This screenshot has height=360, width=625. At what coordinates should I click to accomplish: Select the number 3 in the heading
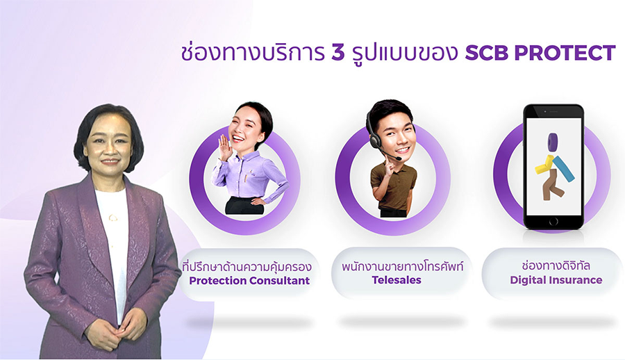click(337, 53)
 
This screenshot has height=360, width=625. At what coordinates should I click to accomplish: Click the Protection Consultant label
click(249, 281)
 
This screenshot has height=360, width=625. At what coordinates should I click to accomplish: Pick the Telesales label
click(397, 280)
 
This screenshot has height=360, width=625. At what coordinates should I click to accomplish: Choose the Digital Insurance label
click(556, 280)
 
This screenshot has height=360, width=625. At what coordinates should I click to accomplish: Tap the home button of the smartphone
click(553, 222)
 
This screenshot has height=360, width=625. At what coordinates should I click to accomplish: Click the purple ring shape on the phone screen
click(553, 142)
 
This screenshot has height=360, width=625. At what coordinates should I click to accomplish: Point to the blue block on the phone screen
click(563, 168)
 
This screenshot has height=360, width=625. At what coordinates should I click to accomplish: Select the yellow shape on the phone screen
click(544, 165)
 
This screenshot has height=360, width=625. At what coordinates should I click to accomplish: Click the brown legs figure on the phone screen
click(551, 185)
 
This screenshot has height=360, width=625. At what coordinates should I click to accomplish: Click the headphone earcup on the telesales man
click(375, 140)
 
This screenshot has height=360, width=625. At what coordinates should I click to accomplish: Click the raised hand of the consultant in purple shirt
click(225, 146)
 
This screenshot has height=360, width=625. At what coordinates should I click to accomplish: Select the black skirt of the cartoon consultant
click(243, 206)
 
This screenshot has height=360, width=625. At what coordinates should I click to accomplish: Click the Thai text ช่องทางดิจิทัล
click(556, 265)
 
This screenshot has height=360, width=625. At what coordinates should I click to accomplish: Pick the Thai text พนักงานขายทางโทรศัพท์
click(402, 266)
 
